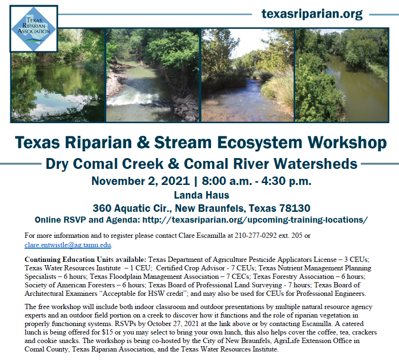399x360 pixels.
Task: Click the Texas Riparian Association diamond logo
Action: coord(34,29)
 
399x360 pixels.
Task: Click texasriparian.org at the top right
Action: coord(312,14)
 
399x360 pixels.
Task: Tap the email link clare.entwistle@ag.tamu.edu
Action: coord(68,245)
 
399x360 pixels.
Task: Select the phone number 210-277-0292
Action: coord(255,235)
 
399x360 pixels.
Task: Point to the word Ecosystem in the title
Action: coord(260,142)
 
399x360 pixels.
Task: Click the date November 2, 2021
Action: coord(141,181)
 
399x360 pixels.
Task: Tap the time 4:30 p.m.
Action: coord(286,181)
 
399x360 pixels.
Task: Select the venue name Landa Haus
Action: coord(202,195)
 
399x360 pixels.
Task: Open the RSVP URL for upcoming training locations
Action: coord(255,220)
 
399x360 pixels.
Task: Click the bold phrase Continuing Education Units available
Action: coord(85,260)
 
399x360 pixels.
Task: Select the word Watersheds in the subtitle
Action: coord(315,164)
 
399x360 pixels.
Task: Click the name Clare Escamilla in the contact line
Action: coord(202,235)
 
